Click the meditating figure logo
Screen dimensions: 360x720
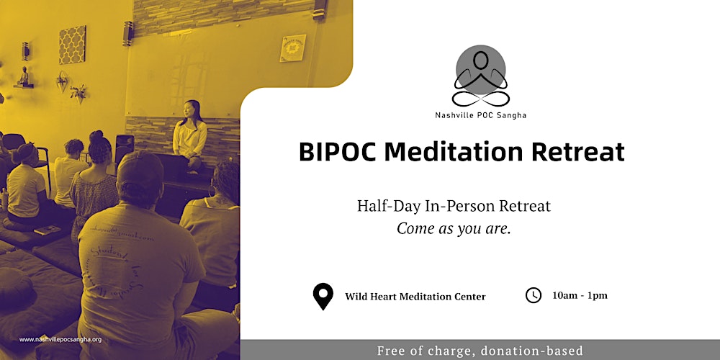(x=480, y=76)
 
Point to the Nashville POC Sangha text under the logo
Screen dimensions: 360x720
(x=480, y=115)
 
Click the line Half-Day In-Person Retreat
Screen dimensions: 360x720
(x=454, y=206)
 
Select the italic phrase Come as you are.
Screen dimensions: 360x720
(x=454, y=228)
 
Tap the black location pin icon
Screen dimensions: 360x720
(x=323, y=296)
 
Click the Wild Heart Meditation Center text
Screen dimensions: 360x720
(x=415, y=297)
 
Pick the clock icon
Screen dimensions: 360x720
(x=533, y=295)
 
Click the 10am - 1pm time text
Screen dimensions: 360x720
(x=580, y=295)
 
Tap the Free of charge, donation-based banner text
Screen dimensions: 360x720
(x=480, y=351)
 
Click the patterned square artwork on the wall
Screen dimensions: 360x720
(x=72, y=45)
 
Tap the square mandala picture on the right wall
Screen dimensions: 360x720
(x=292, y=48)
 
